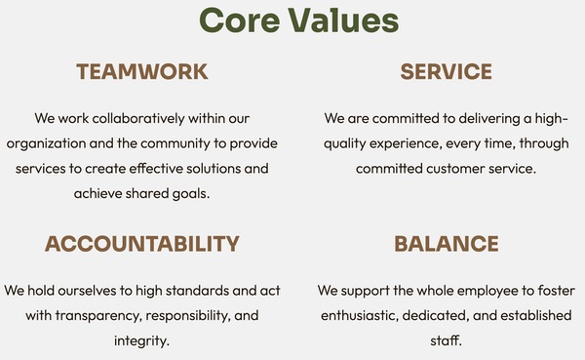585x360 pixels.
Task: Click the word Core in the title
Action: click(x=240, y=20)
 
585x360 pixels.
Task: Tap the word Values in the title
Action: click(x=343, y=20)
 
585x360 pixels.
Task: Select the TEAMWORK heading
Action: click(x=142, y=71)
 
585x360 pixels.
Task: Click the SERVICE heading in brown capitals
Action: click(x=447, y=71)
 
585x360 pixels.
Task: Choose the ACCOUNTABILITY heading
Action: click(x=142, y=244)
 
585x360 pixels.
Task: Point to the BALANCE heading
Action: click(x=447, y=244)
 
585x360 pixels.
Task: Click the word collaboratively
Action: click(x=138, y=118)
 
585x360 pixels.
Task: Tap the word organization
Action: click(x=46, y=144)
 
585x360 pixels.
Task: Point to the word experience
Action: click(x=406, y=144)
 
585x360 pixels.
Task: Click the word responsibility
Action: click(x=188, y=316)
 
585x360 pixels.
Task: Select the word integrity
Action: click(x=141, y=340)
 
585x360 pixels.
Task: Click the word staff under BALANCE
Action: click(x=446, y=340)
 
